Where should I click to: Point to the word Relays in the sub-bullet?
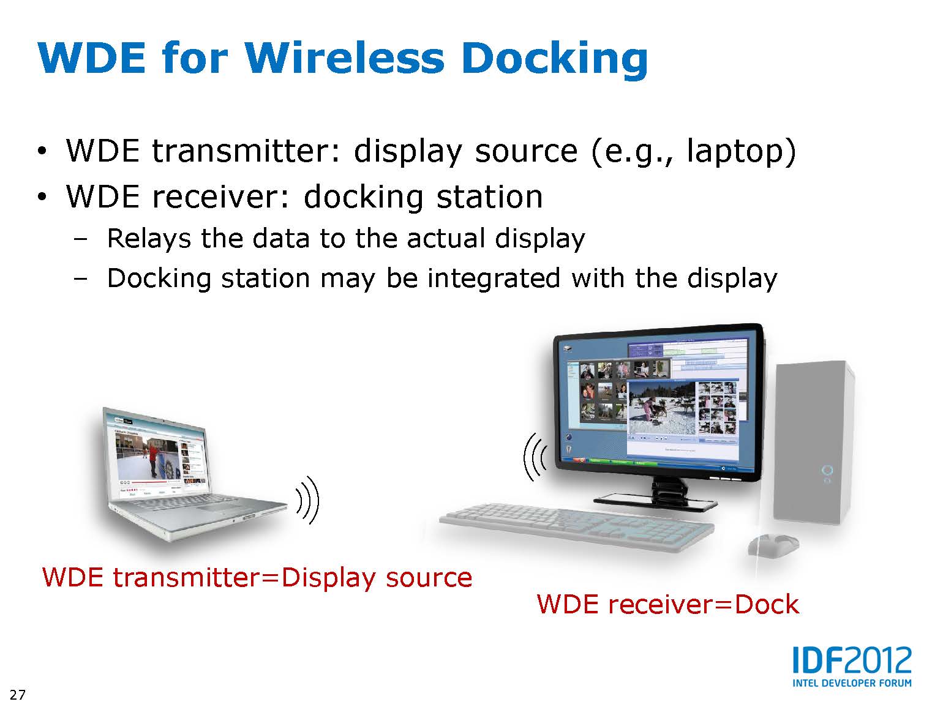pyautogui.click(x=149, y=239)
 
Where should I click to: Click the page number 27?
pyautogui.click(x=18, y=694)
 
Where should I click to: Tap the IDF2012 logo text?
pyautogui.click(x=852, y=660)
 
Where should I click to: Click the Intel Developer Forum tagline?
pyautogui.click(x=852, y=683)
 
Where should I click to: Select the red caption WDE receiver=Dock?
pyautogui.click(x=667, y=604)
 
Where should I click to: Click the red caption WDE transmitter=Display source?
pyautogui.click(x=257, y=578)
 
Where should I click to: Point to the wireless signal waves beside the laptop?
pyautogui.click(x=308, y=501)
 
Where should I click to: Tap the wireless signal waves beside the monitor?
pyautogui.click(x=535, y=457)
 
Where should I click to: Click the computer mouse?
pyautogui.click(x=773, y=547)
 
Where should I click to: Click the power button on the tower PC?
pyautogui.click(x=827, y=471)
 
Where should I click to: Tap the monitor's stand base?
pyautogui.click(x=655, y=502)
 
